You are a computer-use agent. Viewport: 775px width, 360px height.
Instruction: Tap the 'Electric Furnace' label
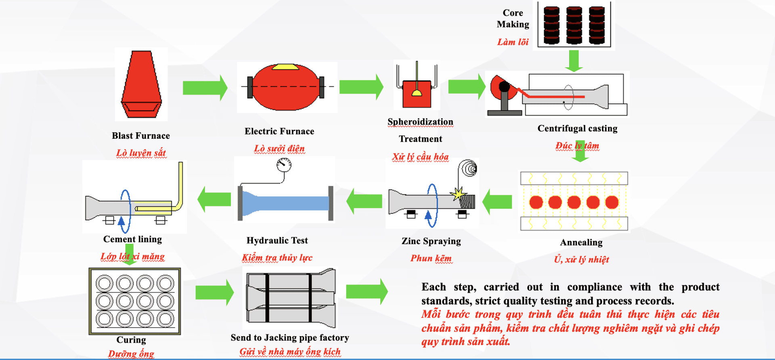click(279, 131)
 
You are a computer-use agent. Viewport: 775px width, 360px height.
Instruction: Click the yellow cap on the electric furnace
click(285, 67)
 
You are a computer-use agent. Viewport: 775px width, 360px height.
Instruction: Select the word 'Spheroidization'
click(420, 122)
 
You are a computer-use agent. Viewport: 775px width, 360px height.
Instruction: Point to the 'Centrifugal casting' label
click(577, 128)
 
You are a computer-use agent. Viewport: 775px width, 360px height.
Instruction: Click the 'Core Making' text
click(513, 19)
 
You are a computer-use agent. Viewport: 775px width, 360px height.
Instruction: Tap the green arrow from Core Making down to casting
click(574, 61)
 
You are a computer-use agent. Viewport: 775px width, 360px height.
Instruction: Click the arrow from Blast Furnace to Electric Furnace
click(205, 88)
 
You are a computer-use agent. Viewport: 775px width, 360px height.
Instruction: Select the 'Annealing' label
click(581, 242)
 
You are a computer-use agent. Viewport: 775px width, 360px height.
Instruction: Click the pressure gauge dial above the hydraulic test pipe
click(284, 164)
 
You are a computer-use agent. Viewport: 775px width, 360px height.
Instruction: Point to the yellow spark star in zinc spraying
click(458, 194)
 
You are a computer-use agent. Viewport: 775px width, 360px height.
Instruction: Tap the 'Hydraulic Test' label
click(277, 241)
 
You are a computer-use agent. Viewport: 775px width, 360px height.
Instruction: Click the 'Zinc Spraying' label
click(431, 241)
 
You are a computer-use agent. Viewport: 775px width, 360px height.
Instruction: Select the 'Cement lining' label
click(132, 239)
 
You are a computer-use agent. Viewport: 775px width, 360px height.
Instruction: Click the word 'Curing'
click(131, 340)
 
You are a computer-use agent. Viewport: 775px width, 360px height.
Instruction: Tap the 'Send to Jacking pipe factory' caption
click(290, 337)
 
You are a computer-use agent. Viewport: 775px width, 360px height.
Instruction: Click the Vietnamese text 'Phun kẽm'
click(431, 258)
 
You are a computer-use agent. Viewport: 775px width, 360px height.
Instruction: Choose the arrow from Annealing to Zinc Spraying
click(497, 201)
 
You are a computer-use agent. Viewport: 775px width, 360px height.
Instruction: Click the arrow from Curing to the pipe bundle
click(214, 293)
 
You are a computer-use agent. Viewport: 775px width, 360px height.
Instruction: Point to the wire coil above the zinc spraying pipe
click(469, 168)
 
